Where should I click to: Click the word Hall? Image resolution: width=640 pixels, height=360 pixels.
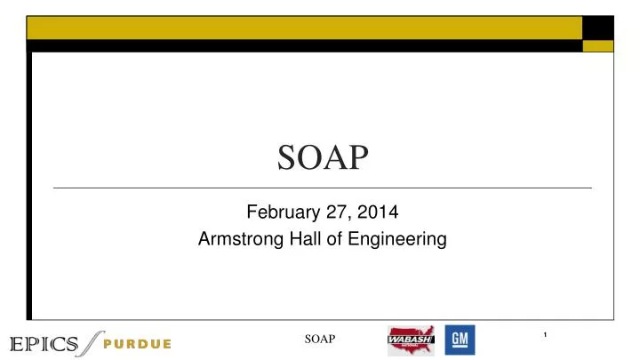pyautogui.click(x=301, y=238)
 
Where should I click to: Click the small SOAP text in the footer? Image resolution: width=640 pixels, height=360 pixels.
pyautogui.click(x=320, y=339)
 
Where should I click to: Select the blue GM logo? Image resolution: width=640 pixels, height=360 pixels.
pyautogui.click(x=460, y=340)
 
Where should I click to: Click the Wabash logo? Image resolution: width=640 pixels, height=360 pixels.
pyautogui.click(x=411, y=340)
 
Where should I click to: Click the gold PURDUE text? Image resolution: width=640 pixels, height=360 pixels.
pyautogui.click(x=136, y=344)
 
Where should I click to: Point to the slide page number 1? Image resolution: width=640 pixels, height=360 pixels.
pyautogui.click(x=544, y=334)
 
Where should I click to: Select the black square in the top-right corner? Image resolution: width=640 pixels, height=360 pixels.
pyautogui.click(x=598, y=28)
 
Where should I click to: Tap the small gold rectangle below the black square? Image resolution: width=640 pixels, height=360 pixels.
pyautogui.click(x=598, y=46)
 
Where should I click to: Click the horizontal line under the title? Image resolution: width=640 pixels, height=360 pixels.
pyautogui.click(x=322, y=188)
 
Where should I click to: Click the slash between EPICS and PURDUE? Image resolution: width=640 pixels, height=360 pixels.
pyautogui.click(x=91, y=341)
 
